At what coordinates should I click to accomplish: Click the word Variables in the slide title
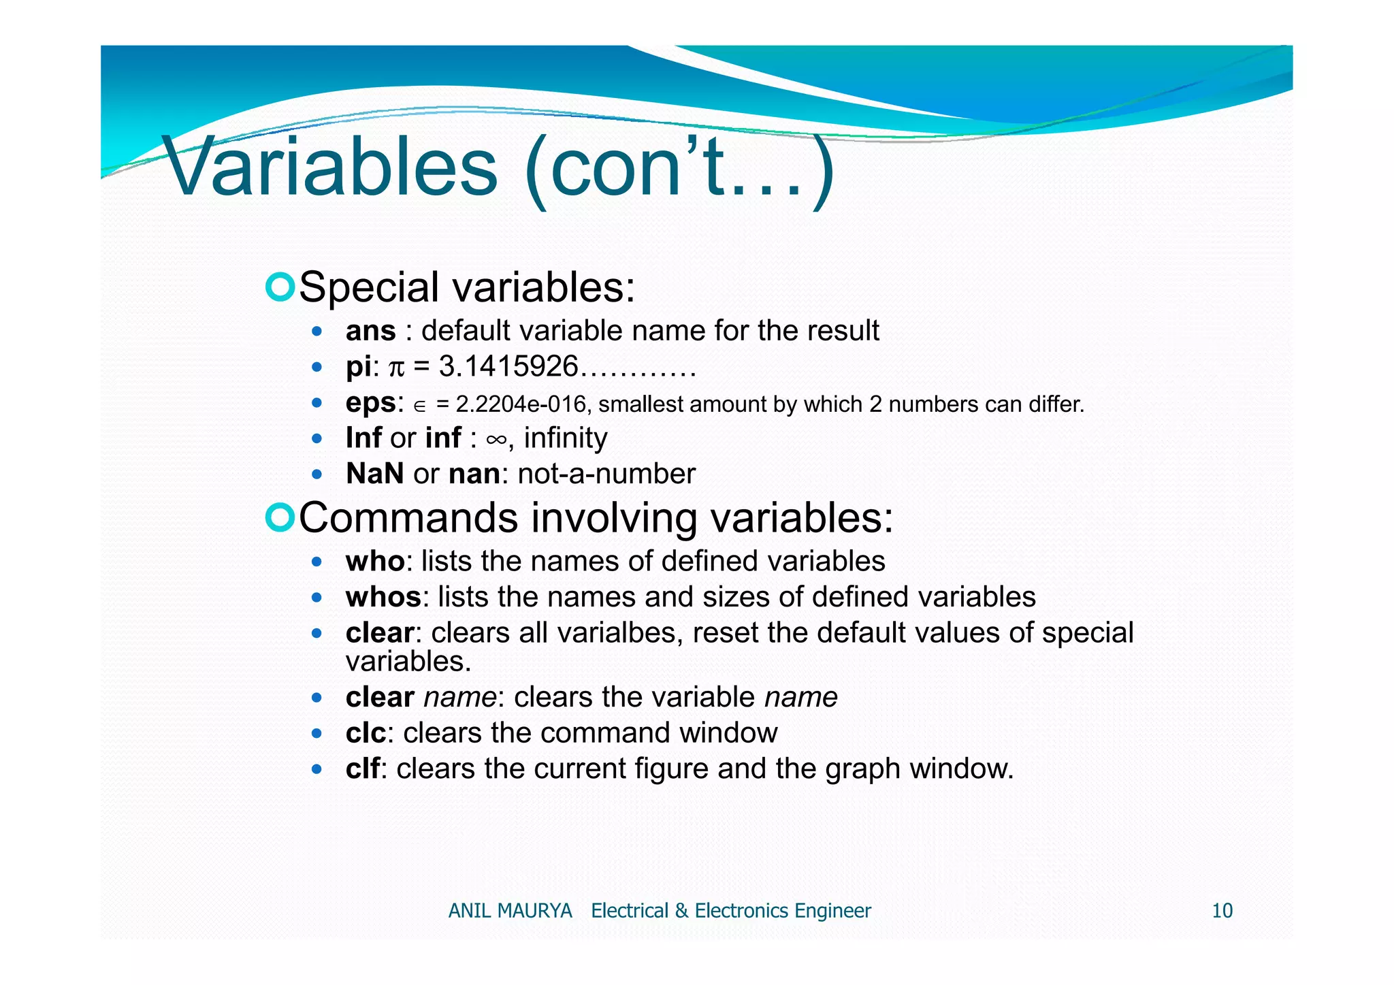point(331,167)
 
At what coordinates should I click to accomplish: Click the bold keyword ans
point(370,332)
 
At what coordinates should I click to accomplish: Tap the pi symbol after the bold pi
point(396,368)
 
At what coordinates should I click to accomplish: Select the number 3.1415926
point(508,367)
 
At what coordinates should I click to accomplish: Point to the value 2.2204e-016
point(520,404)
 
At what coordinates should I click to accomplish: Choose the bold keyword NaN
point(374,474)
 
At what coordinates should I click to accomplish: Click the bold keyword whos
point(383,598)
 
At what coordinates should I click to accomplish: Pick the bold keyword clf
point(362,769)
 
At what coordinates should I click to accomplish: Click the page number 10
point(1222,911)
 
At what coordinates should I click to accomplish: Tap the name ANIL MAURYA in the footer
point(510,911)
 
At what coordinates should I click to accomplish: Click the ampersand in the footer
point(681,911)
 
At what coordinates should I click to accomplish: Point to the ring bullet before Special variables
point(279,287)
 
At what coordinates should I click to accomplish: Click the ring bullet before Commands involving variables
point(279,517)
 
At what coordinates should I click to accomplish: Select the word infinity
point(565,438)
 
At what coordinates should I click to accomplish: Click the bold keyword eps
point(370,403)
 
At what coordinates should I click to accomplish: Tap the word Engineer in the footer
point(832,911)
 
